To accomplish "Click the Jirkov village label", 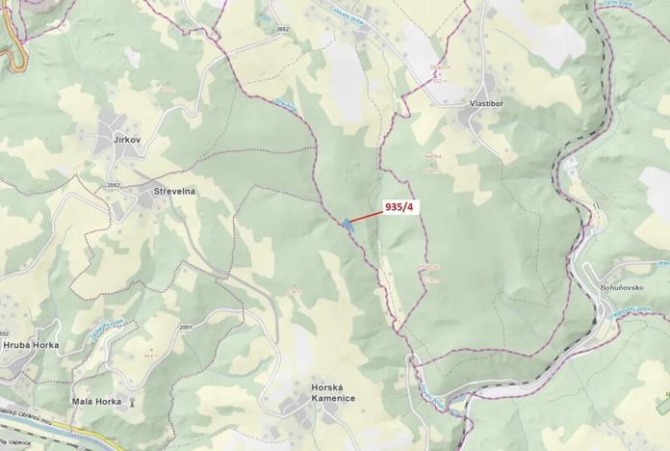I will (127, 141).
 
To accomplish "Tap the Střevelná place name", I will (174, 192).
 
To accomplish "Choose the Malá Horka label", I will (96, 401).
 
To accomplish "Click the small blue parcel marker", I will (346, 224).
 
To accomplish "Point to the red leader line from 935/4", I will (366, 216).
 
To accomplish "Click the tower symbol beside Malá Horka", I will (132, 401).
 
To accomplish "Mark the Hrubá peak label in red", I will (428, 266).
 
